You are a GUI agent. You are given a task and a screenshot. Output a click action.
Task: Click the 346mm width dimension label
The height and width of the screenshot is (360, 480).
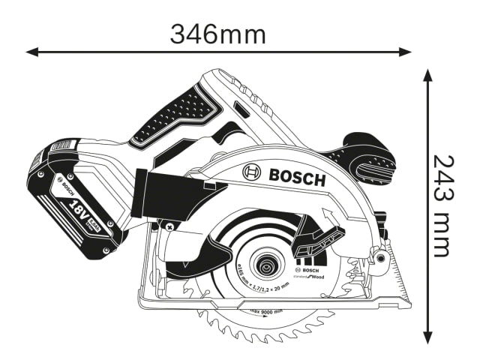(217, 32)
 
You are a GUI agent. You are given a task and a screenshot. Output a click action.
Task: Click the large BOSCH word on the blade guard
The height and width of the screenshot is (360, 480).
(295, 178)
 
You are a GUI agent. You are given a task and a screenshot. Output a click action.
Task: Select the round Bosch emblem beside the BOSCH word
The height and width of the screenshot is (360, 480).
(250, 173)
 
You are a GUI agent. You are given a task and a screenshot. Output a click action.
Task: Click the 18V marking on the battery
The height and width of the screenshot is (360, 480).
(78, 207)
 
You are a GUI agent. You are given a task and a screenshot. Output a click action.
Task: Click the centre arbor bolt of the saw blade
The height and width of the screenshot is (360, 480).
(264, 265)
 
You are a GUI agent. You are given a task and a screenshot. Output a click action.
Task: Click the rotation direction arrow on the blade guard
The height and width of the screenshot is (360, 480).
(328, 218)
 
